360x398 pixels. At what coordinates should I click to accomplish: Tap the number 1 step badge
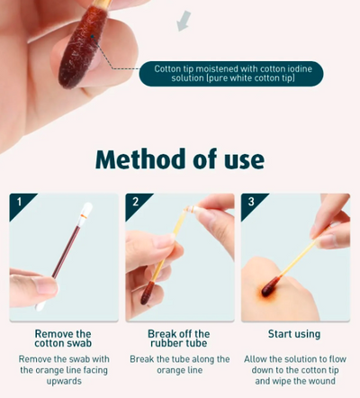[x=18, y=201]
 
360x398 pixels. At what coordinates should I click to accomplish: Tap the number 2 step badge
[x=134, y=201]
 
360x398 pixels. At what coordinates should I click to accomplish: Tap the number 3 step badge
[x=251, y=201]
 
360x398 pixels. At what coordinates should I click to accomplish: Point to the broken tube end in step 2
[x=186, y=210]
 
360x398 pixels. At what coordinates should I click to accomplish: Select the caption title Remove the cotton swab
[x=62, y=339]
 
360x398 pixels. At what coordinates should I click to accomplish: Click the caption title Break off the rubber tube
[x=178, y=339]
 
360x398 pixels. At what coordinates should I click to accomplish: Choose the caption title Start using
[x=295, y=334]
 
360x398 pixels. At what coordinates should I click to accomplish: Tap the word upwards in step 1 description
[x=62, y=380]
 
